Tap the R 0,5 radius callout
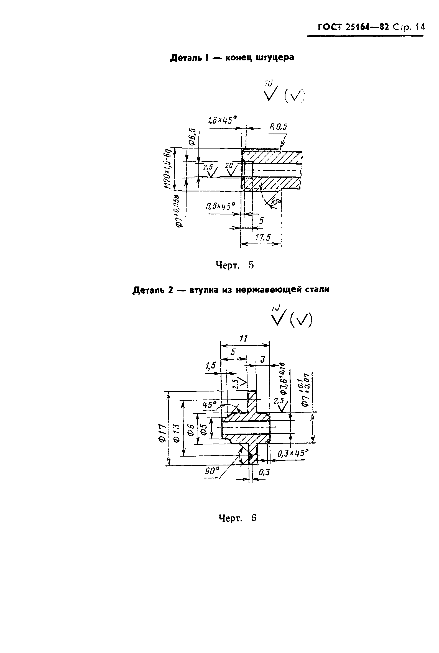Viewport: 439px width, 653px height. tap(278, 127)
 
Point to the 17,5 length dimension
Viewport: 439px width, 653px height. tap(263, 238)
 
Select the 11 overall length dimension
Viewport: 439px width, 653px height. tap(244, 339)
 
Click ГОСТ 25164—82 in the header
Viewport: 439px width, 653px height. tap(353, 27)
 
